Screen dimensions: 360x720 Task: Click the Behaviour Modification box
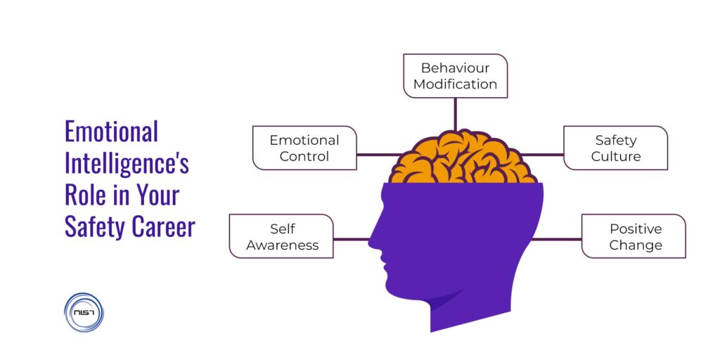click(x=455, y=76)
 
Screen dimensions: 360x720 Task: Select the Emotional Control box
click(x=304, y=148)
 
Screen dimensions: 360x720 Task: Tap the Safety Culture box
click(x=615, y=148)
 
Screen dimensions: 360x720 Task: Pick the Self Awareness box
click(x=281, y=237)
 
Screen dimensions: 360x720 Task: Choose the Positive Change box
click(x=634, y=237)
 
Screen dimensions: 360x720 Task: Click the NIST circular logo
click(x=83, y=311)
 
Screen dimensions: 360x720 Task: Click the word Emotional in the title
click(x=111, y=132)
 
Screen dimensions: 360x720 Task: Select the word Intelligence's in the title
click(x=127, y=164)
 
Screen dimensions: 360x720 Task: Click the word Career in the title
click(x=160, y=226)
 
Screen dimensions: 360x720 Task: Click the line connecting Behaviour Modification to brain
click(x=455, y=114)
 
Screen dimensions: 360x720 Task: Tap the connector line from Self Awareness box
click(x=352, y=239)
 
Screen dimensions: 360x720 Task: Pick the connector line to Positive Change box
click(x=559, y=239)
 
